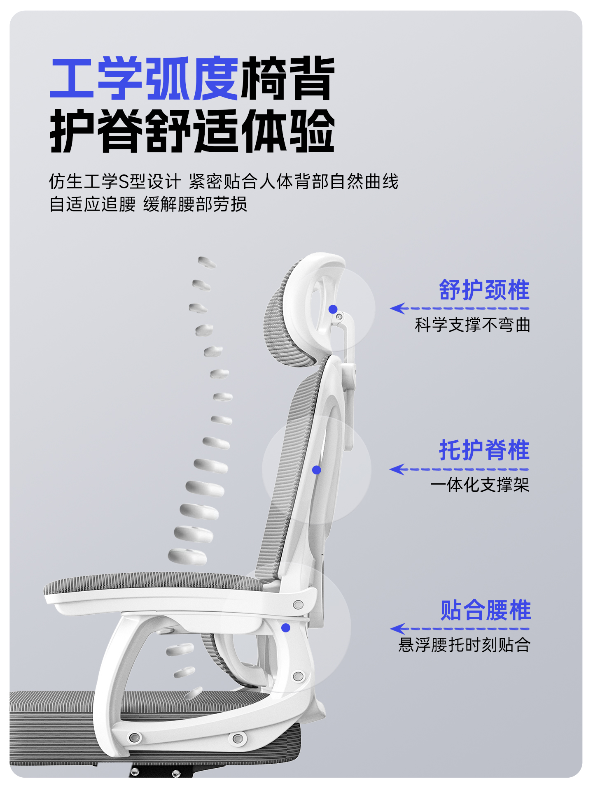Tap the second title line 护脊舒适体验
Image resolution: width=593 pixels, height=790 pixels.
point(192,131)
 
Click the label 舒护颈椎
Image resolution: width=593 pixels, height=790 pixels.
point(484,290)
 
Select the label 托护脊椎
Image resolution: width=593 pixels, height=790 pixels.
point(484,450)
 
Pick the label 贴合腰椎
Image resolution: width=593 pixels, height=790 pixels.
point(486,610)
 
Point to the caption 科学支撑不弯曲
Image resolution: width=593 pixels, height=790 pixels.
point(472,325)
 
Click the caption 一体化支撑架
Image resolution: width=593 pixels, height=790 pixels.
point(480,485)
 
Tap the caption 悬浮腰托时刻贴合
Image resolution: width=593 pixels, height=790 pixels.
point(465,645)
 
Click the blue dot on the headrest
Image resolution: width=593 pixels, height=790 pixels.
point(333,309)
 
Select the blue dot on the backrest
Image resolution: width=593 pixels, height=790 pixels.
point(317,470)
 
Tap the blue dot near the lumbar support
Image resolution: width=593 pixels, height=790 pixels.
point(286,628)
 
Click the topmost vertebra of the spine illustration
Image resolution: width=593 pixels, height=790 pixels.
point(207,262)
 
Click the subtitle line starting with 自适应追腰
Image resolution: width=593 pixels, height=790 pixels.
point(148,204)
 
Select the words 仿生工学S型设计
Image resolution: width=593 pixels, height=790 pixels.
point(115,181)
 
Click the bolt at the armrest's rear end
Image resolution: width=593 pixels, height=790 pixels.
point(298,604)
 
